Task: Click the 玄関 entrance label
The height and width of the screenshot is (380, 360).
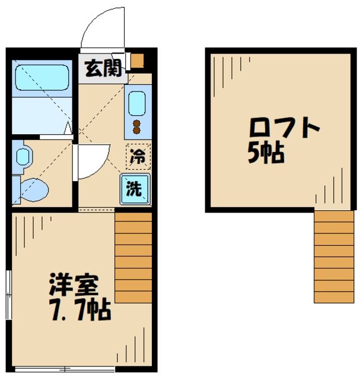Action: pos(102,66)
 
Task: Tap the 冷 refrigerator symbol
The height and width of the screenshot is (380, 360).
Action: pos(138,157)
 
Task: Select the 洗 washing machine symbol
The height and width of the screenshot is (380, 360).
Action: pos(136,189)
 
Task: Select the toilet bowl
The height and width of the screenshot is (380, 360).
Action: pos(36,190)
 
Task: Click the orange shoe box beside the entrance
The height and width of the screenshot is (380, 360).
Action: pos(138,61)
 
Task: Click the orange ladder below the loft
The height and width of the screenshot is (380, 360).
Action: pos(333,256)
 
